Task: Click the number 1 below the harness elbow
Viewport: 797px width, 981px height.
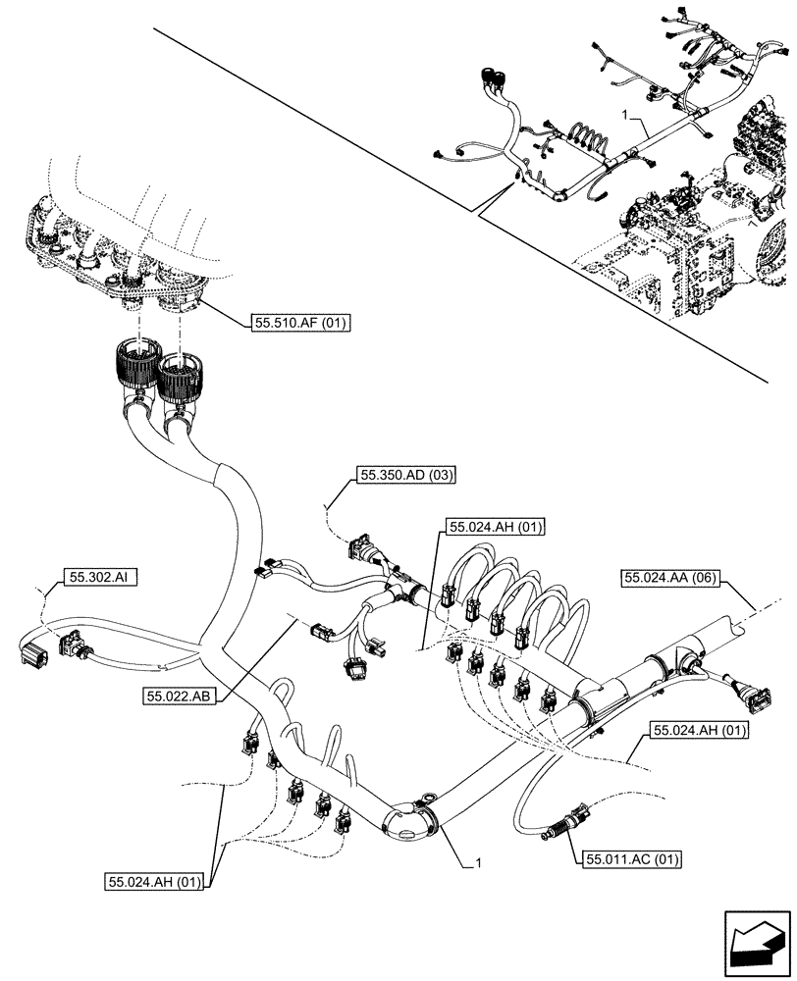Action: pyautogui.click(x=478, y=863)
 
